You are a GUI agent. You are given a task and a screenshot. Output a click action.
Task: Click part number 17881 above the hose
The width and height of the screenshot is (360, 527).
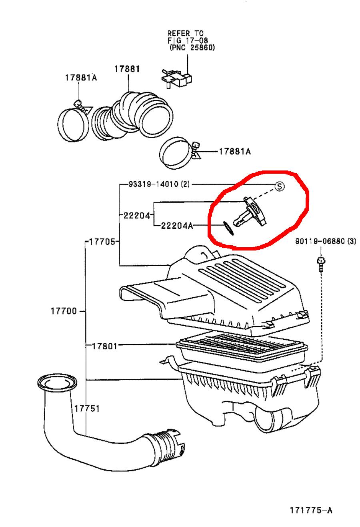[127, 69]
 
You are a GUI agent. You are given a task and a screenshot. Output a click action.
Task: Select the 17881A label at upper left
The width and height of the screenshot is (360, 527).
[81, 78]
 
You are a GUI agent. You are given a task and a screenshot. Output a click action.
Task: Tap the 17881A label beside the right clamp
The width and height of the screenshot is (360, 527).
[234, 152]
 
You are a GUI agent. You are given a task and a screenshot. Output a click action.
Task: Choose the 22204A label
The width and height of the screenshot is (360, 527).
[177, 226]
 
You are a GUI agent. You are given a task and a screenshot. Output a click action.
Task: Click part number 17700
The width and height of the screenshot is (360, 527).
[64, 311]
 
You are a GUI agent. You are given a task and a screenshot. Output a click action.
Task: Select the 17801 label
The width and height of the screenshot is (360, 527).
[102, 345]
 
